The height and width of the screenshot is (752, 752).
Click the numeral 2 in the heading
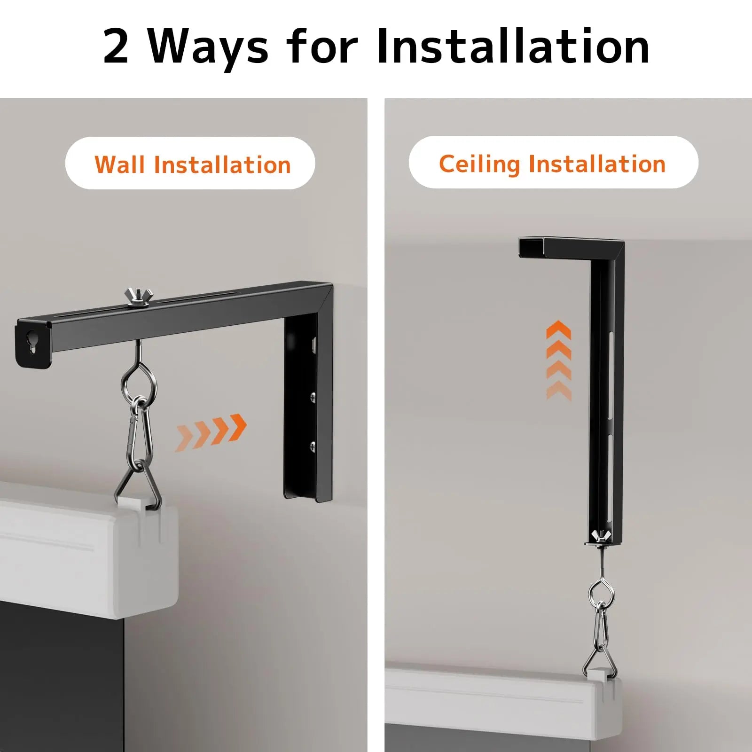[116, 47]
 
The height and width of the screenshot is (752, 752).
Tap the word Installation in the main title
[513, 47]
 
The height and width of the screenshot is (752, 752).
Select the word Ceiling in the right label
[479, 164]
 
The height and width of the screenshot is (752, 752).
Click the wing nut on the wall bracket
[136, 298]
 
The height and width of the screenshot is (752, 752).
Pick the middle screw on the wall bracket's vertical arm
[313, 398]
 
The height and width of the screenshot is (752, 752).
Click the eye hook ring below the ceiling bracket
[601, 594]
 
